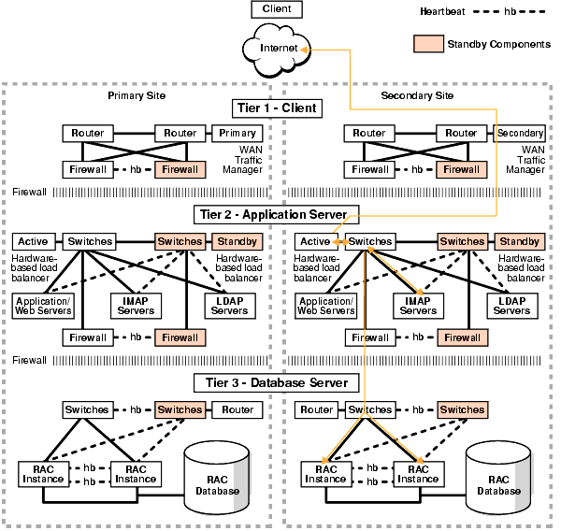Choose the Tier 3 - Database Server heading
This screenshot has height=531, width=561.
(x=276, y=382)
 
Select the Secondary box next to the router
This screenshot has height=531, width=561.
(x=519, y=133)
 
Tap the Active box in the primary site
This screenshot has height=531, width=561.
(x=33, y=242)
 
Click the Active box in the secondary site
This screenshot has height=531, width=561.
(x=315, y=242)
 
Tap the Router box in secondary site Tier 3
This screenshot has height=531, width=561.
(x=318, y=409)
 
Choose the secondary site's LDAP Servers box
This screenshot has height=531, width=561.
(x=511, y=305)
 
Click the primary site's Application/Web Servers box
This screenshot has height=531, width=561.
(x=43, y=305)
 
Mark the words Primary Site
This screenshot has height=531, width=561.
(x=136, y=95)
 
